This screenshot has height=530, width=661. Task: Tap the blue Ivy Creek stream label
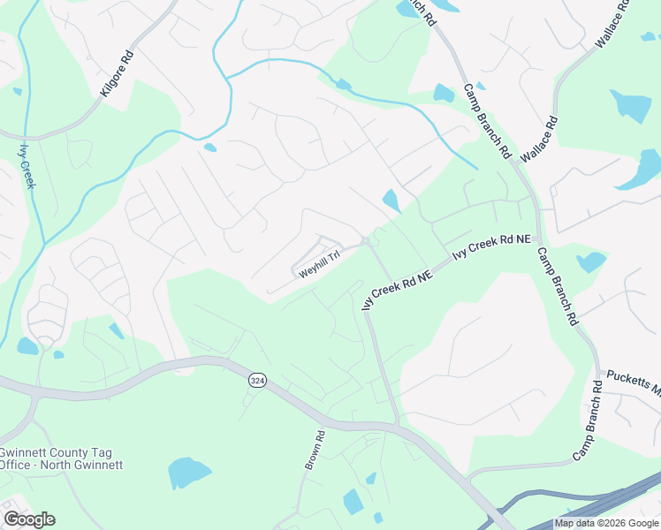point(27,166)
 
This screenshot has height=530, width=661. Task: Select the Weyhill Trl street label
point(319,267)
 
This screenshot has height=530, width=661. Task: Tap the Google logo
point(29,519)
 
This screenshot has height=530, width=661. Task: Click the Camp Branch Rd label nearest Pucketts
point(587,422)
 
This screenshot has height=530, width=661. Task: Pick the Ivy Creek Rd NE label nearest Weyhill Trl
point(397,289)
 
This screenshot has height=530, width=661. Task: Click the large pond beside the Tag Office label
point(190,473)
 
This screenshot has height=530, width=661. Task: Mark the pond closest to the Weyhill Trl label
point(391,201)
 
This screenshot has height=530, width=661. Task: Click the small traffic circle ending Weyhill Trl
point(365,241)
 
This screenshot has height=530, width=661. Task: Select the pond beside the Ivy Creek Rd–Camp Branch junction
point(590,262)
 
